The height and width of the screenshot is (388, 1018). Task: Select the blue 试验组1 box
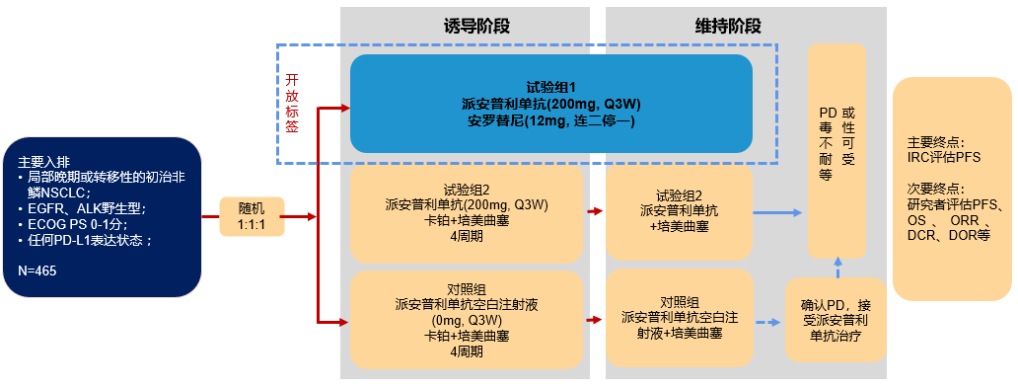(551, 104)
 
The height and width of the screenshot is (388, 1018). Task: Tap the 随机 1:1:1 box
(252, 216)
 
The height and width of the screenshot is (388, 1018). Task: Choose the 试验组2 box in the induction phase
(467, 211)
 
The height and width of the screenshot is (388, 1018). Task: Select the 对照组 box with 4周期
(467, 320)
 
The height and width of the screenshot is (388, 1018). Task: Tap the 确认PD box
(835, 320)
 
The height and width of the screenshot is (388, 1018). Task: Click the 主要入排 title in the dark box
(43, 162)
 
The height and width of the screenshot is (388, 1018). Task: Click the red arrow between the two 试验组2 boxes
(594, 211)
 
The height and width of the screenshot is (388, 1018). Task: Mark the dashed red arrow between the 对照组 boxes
(594, 320)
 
